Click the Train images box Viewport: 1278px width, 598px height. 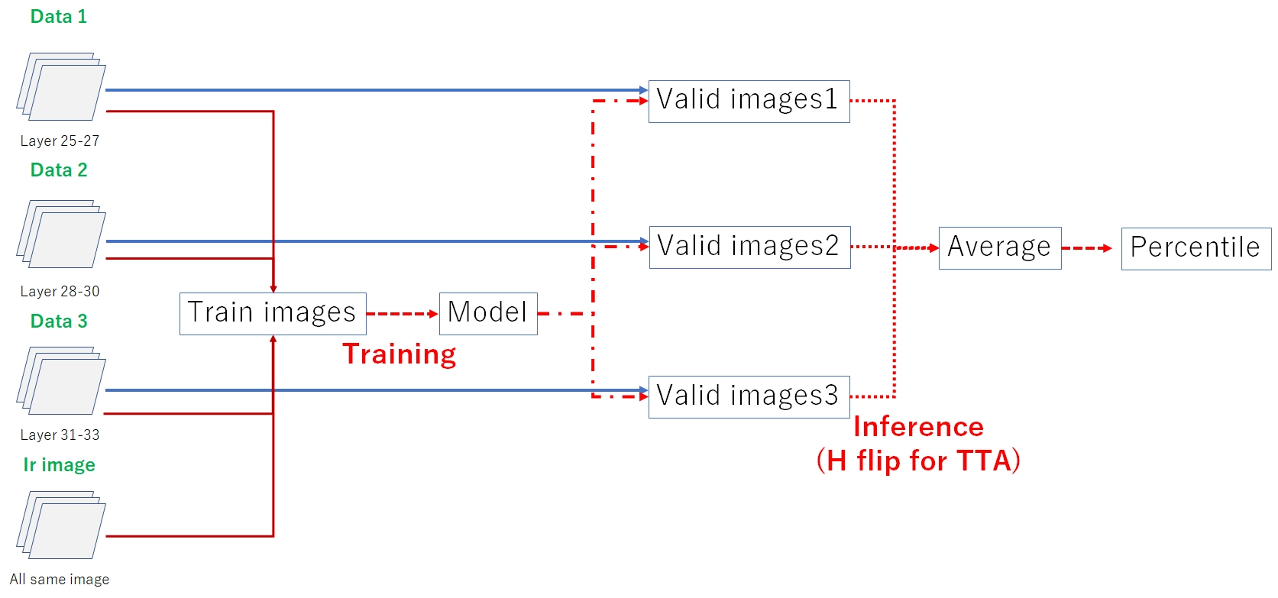pos(273,313)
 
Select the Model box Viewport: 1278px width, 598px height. pos(488,313)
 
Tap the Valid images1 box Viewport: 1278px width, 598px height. pos(749,101)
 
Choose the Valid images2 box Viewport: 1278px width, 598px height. pos(749,247)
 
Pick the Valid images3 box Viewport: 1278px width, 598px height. pos(749,396)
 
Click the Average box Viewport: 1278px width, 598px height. pos(999,247)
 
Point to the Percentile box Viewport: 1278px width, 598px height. pos(1195,248)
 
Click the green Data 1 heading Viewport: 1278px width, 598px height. pos(59,17)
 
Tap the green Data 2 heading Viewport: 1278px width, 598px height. pos(59,170)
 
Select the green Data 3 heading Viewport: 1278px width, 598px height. pos(59,321)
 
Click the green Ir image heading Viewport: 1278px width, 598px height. pos(59,464)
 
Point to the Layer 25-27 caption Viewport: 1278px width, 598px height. pos(60,141)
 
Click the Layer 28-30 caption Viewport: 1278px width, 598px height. pos(60,291)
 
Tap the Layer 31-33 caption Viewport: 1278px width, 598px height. pos(60,435)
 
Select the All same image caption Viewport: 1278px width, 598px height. pos(60,579)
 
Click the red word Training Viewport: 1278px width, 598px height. pos(399,354)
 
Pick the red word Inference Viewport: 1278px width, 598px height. pos(918,426)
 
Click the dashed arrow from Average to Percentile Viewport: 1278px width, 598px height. pos(1086,248)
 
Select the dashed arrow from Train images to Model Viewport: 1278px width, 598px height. pos(402,314)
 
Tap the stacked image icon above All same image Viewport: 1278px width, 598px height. pos(61,525)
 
